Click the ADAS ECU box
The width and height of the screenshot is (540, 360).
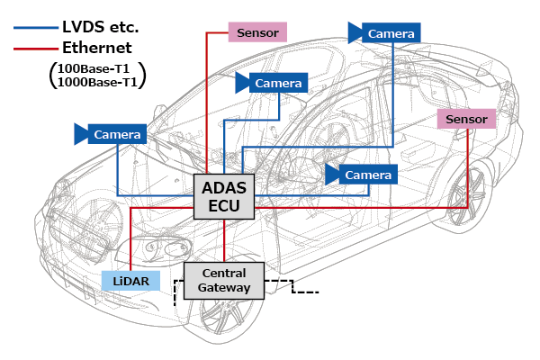[x=225, y=197]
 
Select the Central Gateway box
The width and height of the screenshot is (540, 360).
[x=224, y=280]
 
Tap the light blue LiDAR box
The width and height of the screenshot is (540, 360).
[x=130, y=280]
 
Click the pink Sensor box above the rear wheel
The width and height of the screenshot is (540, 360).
[x=465, y=119]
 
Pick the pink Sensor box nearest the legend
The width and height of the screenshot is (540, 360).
[x=258, y=33]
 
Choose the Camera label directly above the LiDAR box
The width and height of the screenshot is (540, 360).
[x=118, y=135]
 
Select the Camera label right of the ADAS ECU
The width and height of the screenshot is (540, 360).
[x=369, y=174]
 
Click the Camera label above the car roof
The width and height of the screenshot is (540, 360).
[x=391, y=32]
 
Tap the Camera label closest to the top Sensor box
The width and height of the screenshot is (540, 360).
[x=278, y=83]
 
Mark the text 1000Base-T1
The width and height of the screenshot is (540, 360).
[x=100, y=82]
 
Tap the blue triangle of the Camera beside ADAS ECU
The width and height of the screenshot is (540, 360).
[x=333, y=174]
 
